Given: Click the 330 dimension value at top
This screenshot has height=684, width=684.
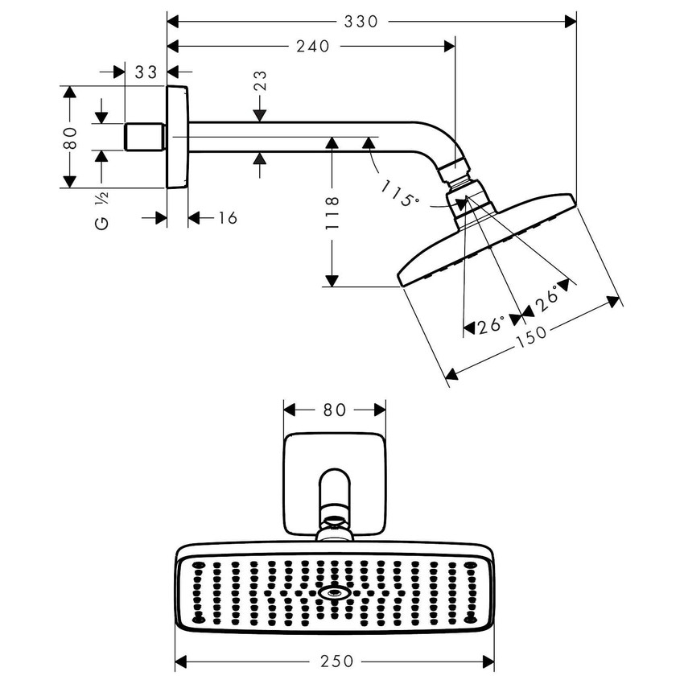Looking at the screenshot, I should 361,22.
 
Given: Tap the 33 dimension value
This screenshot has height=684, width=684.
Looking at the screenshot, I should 146,72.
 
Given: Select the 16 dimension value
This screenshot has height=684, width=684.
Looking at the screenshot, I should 228,218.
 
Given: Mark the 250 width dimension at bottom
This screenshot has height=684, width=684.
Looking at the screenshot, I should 336,661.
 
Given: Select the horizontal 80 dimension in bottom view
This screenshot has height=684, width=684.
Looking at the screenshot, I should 335,410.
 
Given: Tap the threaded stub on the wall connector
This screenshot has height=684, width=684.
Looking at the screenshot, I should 146,137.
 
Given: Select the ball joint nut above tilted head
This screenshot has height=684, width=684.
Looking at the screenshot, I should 457,171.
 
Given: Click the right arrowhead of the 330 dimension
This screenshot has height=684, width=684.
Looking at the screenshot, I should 572,22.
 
